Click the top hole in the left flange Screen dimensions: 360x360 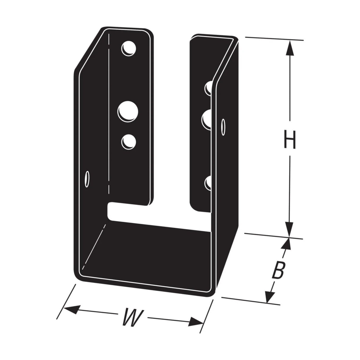(129, 48)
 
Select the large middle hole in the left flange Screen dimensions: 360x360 (128, 111)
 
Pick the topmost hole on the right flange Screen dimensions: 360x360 (208, 87)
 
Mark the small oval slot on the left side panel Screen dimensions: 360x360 (87, 179)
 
